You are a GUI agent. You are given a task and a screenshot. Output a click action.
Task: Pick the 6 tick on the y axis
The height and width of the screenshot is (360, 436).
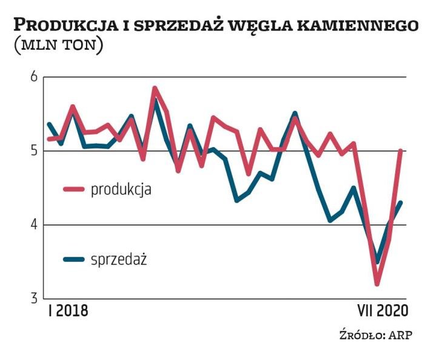pos(34,77)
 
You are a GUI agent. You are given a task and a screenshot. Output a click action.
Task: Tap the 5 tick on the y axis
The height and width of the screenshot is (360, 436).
pos(34,151)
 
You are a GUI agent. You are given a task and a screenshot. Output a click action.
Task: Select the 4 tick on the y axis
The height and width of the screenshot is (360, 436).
pos(34,225)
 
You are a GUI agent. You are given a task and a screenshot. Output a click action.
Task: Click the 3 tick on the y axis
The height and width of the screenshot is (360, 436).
pos(34,299)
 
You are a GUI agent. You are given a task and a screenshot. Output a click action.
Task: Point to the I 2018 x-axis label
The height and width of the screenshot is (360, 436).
pos(68,311)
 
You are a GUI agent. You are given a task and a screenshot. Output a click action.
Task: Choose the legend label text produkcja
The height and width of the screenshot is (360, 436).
pos(121,189)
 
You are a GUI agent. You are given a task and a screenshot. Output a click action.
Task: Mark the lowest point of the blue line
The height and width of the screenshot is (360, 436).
pos(378,262)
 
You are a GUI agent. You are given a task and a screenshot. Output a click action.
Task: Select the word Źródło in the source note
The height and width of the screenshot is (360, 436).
pos(357,335)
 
